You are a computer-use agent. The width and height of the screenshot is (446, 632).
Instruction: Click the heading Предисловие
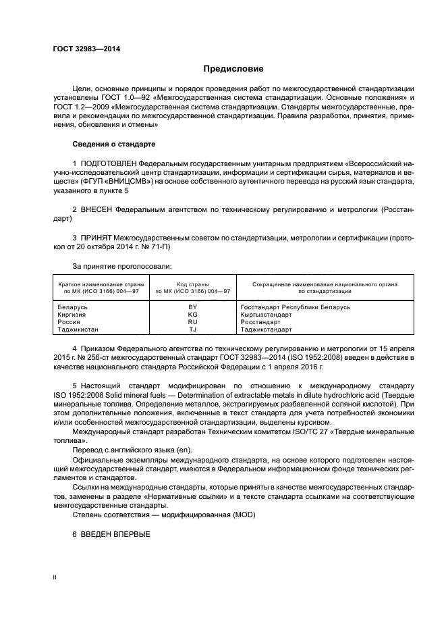click(x=233, y=69)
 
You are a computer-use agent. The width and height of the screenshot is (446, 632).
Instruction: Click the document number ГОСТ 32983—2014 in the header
click(x=82, y=49)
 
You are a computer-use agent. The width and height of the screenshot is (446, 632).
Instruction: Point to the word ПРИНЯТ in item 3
click(x=97, y=239)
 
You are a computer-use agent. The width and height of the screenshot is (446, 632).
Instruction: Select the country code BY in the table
click(x=192, y=307)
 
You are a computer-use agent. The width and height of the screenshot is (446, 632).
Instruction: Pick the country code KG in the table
click(x=192, y=315)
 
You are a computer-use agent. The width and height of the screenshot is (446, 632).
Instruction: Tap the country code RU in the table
click(x=192, y=322)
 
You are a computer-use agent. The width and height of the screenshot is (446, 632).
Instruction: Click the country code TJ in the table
click(x=192, y=330)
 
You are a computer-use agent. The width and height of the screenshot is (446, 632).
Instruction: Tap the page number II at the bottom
click(x=55, y=578)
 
